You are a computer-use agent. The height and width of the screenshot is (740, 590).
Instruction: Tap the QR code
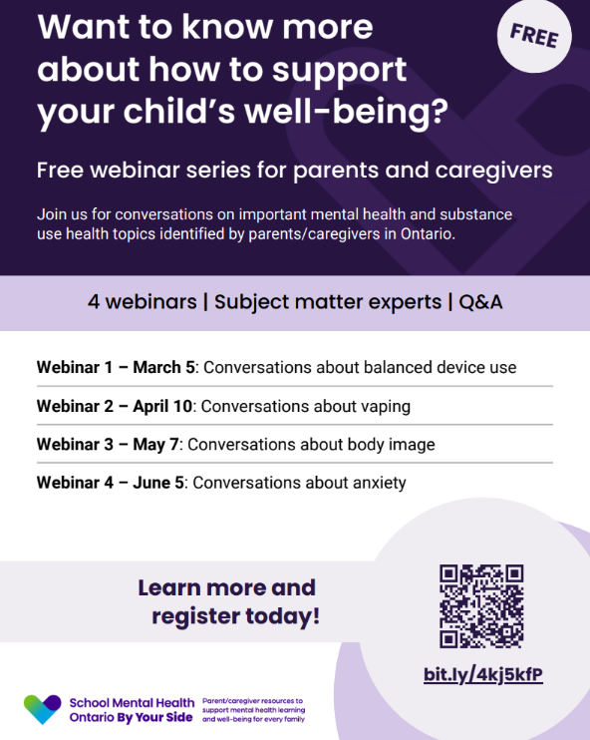[481, 606]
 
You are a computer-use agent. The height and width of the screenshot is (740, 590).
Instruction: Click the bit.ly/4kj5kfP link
[483, 675]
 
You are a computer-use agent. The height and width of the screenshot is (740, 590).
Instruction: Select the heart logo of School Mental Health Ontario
[42, 709]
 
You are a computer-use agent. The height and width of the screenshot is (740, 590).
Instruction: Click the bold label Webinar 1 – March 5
[116, 367]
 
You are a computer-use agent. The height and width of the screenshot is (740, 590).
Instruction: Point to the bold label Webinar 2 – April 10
[115, 406]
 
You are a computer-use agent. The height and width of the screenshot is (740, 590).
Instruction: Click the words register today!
[235, 616]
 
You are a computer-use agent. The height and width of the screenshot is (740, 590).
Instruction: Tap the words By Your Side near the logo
[155, 717]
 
